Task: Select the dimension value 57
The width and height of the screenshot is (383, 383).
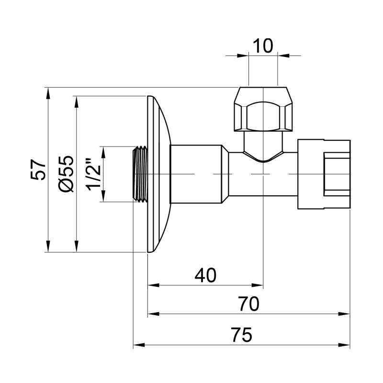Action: (x=39, y=169)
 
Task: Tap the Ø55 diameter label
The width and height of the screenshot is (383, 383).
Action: (x=67, y=173)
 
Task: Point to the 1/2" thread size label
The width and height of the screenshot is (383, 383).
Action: (x=93, y=174)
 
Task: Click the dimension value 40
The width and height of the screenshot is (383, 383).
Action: (x=205, y=275)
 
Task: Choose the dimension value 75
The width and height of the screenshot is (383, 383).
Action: (x=241, y=335)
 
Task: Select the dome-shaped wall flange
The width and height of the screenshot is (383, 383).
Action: (x=158, y=174)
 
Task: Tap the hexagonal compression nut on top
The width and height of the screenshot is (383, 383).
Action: (x=263, y=109)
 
